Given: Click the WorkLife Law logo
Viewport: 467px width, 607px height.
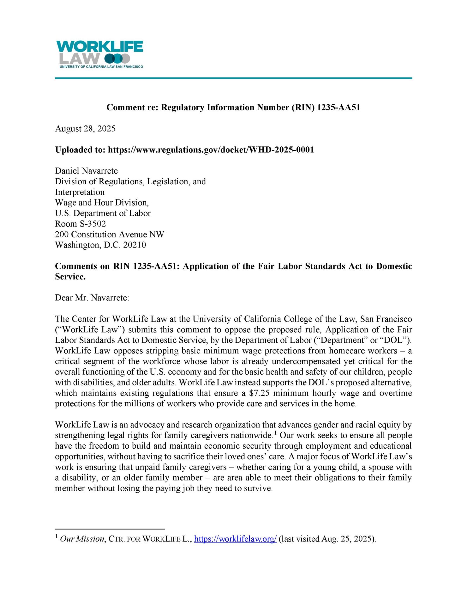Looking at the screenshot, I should click(x=99, y=54).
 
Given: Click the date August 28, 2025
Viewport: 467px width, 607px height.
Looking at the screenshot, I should click(x=85, y=129).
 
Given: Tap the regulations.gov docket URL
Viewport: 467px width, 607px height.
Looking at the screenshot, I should click(x=211, y=150).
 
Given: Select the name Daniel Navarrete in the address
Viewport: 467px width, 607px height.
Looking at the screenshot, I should click(x=86, y=171).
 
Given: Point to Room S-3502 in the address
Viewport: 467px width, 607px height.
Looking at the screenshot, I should click(x=80, y=224).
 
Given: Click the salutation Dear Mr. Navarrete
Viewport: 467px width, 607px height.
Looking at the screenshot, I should click(x=92, y=298).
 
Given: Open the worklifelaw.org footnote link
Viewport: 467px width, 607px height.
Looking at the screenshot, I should click(x=235, y=539).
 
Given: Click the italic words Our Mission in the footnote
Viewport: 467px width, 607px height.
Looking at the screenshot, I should click(x=82, y=539).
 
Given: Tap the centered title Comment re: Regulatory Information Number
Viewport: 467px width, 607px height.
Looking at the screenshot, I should click(x=233, y=107).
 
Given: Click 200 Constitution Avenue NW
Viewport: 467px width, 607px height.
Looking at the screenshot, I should click(x=109, y=235).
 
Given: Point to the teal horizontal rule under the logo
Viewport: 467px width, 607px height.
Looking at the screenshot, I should click(x=233, y=78).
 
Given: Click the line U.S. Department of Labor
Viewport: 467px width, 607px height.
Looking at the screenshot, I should click(x=103, y=213).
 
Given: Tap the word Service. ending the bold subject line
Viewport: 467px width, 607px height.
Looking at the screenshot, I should click(x=70, y=277).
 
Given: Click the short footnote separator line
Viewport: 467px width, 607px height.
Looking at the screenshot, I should click(x=110, y=529).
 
